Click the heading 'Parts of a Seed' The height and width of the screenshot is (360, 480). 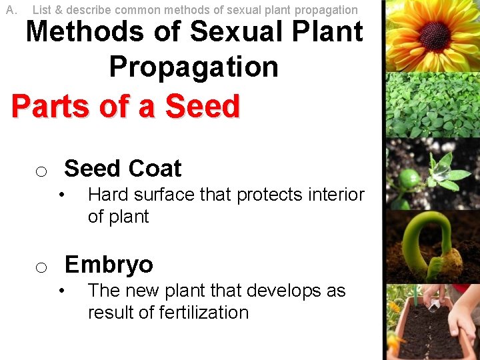pos(125,107)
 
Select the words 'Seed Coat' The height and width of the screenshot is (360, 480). pos(123,169)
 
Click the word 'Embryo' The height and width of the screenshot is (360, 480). pos(109,265)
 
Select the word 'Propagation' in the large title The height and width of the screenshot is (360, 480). pos(193,67)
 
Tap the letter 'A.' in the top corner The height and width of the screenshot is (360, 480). pos(11,9)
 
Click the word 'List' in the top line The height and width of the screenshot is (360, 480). pos(41,10)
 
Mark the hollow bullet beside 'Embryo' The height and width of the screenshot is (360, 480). pos(41,268)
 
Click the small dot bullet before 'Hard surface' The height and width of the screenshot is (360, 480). pos(61,195)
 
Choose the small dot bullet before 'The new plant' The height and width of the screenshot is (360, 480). pos(61,291)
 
